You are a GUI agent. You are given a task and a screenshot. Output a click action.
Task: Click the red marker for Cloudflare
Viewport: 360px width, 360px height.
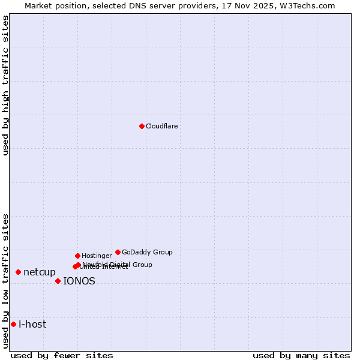(x=142, y=126)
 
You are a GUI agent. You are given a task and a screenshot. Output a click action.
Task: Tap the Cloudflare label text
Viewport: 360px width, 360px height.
(x=162, y=127)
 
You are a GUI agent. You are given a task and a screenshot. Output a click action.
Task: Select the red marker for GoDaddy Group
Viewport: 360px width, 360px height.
(x=118, y=252)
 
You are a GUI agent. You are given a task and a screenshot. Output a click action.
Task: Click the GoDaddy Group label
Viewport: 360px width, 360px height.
(x=147, y=253)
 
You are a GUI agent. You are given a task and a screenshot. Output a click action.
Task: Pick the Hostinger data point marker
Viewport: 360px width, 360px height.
(x=77, y=256)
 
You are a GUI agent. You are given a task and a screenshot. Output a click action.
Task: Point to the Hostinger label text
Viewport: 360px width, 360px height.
(x=97, y=256)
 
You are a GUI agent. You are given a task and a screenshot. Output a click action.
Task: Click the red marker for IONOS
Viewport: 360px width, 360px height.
(x=58, y=281)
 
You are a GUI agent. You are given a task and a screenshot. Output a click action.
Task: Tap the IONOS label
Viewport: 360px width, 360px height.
(x=79, y=281)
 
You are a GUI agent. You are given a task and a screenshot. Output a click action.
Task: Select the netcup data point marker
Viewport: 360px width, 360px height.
(x=18, y=272)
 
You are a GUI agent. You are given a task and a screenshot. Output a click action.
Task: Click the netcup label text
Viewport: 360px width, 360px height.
(x=40, y=272)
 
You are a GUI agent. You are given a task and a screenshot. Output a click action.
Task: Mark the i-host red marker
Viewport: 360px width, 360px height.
(x=13, y=324)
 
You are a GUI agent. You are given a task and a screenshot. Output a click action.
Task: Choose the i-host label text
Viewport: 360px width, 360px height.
(x=32, y=325)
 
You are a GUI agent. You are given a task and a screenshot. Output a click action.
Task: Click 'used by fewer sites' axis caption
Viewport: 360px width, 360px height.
(x=62, y=356)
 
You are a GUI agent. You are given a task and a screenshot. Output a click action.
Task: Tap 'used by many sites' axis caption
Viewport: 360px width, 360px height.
(x=301, y=356)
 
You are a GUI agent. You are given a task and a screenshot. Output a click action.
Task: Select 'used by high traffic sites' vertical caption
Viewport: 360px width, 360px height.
(x=5, y=86)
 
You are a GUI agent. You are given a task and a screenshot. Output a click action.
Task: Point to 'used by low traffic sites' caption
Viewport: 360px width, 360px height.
(x=5, y=281)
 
